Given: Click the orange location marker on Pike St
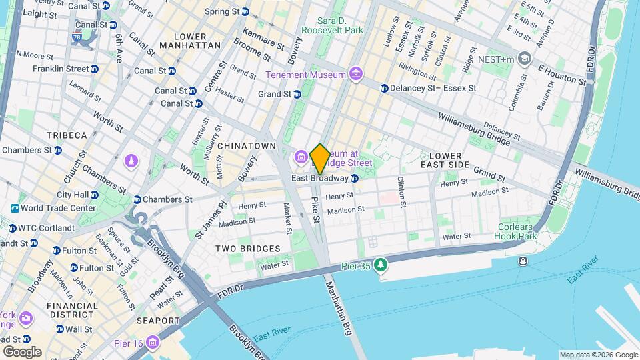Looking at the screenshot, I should pos(320,159).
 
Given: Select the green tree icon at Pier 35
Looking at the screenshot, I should pos(381,265).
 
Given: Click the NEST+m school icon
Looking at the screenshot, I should pos(525,58).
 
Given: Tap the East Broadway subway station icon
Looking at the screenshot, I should pos(355,178).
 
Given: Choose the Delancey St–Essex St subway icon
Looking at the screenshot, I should pos(384,88).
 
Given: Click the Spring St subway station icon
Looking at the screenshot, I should pos(245,11).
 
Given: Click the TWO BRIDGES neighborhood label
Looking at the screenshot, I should pos(247,249).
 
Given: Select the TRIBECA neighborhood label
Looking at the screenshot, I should pos(67,135).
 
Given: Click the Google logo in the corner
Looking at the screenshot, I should pos(21,351).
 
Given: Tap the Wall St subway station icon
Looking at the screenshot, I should pos(59,329).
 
